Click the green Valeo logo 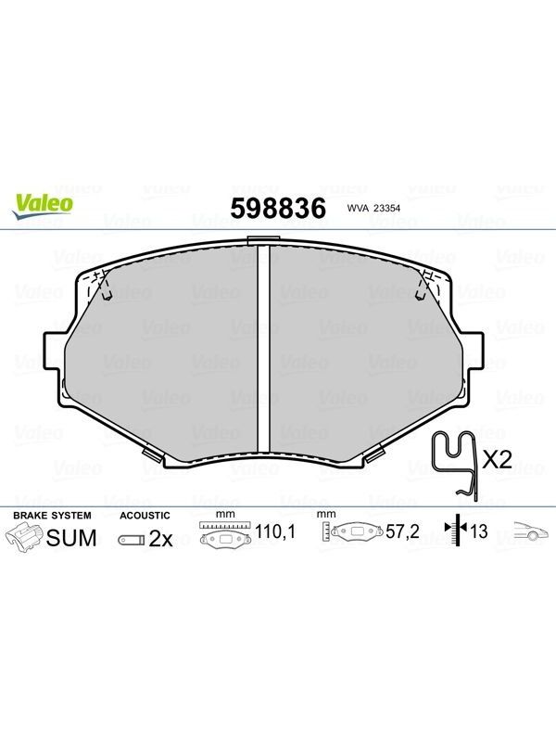(42, 206)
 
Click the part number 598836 (278, 208)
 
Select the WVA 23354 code (373, 208)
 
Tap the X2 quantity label (497, 459)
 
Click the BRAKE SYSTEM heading (52, 516)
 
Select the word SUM (71, 538)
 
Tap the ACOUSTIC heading (145, 516)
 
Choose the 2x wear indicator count (160, 539)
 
